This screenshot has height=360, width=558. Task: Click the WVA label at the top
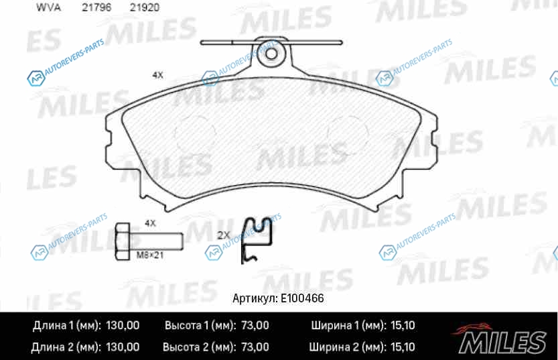pyautogui.click(x=48, y=7)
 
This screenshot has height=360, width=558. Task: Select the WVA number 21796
pyautogui.click(x=96, y=7)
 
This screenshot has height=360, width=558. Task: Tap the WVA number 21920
pyautogui.click(x=144, y=7)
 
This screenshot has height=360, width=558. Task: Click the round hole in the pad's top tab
pyautogui.click(x=271, y=54)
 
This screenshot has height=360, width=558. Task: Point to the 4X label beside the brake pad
pyautogui.click(x=157, y=75)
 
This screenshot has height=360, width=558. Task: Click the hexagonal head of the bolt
pyautogui.click(x=123, y=241)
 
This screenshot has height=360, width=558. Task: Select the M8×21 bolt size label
pyautogui.click(x=150, y=255)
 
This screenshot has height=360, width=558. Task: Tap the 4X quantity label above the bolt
pyautogui.click(x=150, y=223)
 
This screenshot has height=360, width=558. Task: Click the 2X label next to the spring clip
pyautogui.click(x=224, y=235)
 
